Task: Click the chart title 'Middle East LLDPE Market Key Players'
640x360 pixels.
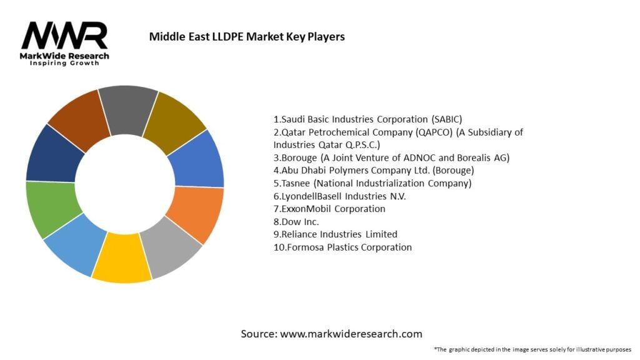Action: pos(247,37)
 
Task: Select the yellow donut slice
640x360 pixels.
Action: pos(122,257)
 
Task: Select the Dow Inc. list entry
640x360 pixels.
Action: pos(296,221)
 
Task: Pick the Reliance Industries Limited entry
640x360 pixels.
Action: pos(336,234)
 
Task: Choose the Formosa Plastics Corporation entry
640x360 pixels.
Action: pos(342,247)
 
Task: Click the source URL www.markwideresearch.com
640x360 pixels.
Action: pos(351,334)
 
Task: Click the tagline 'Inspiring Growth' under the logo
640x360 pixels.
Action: pos(64,64)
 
